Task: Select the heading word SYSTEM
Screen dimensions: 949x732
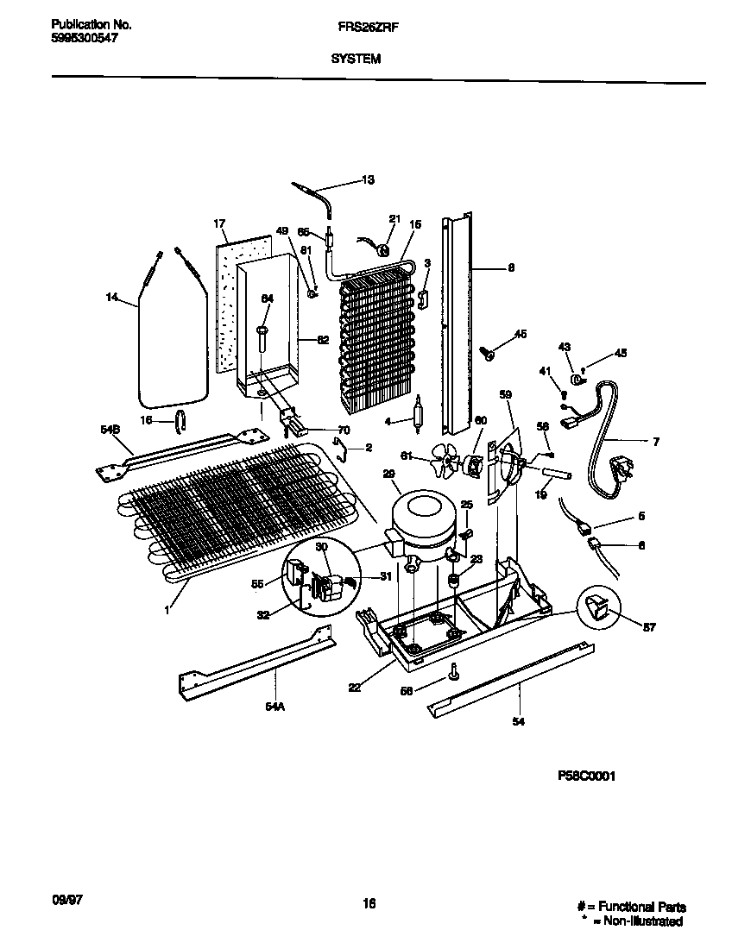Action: pyautogui.click(x=354, y=60)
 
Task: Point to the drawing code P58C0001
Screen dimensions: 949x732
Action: pyautogui.click(x=587, y=776)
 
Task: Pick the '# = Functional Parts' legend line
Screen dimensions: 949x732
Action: pyautogui.click(x=631, y=907)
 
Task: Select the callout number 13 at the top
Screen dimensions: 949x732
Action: pyautogui.click(x=368, y=180)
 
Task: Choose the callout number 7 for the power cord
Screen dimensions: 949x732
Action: pyautogui.click(x=655, y=442)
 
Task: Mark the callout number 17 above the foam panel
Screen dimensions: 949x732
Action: pyautogui.click(x=219, y=223)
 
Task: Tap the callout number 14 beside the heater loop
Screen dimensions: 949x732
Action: pyautogui.click(x=111, y=298)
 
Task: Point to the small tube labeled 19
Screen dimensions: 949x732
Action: pyautogui.click(x=558, y=473)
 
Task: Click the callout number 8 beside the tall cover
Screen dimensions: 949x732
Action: pyautogui.click(x=511, y=268)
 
